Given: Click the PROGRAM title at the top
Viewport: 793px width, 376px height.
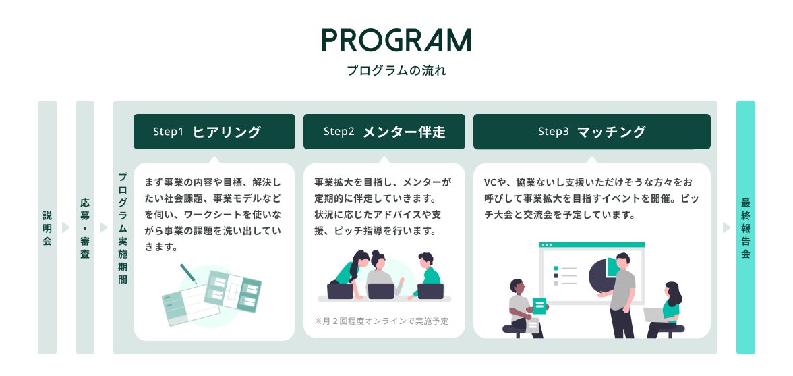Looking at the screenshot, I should pos(396,41).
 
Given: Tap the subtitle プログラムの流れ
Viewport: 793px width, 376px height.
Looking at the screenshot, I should pos(396,70).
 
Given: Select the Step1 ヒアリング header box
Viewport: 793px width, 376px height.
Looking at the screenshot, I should pos(214,132).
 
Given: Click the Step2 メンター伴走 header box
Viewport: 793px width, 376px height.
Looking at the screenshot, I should pos(384,132).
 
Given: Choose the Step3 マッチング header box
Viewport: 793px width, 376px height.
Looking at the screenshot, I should pos(591,132).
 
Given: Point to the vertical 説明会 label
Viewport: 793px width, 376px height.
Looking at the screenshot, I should pos(47,227).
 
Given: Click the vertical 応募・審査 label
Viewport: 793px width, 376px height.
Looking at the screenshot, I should pos(85,227).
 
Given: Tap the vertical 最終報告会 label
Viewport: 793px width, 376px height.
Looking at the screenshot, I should pos(745,227).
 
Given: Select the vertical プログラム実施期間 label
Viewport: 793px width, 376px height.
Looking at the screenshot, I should pos(123,227).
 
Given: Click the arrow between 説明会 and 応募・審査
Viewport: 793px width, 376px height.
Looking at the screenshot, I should pos(65,227).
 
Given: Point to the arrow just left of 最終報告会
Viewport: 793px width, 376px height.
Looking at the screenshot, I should pos(726,227).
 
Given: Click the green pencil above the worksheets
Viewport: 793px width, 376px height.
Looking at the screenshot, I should pos(188,273).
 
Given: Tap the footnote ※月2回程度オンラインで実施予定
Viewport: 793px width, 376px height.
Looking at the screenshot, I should pos(381,321).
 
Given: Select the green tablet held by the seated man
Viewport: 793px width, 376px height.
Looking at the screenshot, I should pos(539,306).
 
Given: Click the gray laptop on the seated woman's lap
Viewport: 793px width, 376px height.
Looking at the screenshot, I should pos(653,315).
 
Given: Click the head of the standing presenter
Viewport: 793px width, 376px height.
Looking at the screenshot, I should pos(622,259).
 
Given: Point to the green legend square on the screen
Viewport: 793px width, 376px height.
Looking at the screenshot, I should pos(555,267).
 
